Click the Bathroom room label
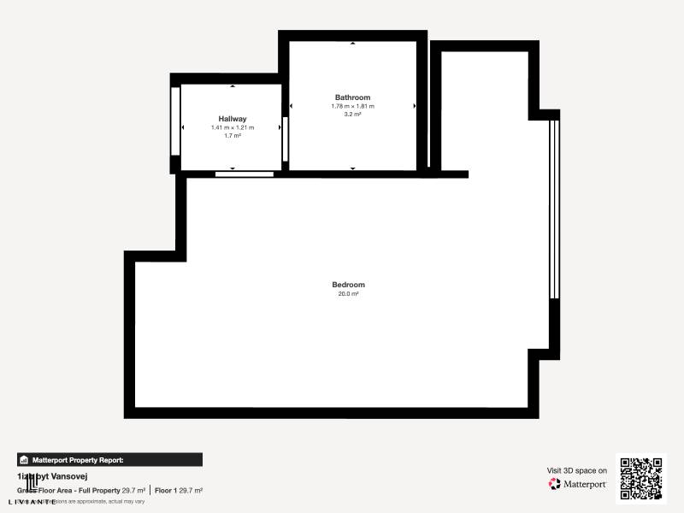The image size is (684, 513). pos(352,97)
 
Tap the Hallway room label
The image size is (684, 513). pos(233,119)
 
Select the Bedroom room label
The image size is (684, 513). pos(348,285)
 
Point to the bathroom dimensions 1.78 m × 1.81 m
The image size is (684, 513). pos(352,106)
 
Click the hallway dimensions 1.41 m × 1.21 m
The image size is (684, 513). pos(233,127)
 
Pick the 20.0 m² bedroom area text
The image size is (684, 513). pos(348,294)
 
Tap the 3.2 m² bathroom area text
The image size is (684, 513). pos(352,114)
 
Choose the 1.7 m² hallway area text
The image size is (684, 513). pos(233,135)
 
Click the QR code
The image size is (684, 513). pos(640,478)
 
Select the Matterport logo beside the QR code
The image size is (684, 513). pos(578,484)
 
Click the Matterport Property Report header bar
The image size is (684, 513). pos(109,459)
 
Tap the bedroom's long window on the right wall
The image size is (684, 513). pos(554,209)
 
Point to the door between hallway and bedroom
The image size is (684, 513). pos(245,174)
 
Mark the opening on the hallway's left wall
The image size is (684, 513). pos(175,121)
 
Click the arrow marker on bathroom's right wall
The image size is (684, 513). pos(415,106)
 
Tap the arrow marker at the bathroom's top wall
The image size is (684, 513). pos(352,43)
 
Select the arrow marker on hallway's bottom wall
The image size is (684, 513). pos(233,168)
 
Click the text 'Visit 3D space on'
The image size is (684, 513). pos(577,470)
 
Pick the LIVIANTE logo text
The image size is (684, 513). pos(33,502)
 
